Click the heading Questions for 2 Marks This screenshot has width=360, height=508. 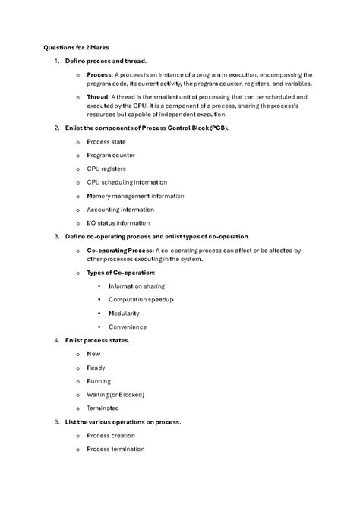click(77, 47)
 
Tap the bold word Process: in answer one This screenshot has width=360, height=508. click(99, 75)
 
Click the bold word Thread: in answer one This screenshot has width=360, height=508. click(99, 97)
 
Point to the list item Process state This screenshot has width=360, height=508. click(106, 142)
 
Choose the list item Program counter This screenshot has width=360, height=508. click(111, 156)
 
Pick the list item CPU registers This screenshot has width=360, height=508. click(106, 169)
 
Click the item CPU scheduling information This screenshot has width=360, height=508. click(127, 182)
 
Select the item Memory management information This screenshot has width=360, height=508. click(135, 196)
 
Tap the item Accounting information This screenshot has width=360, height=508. click(120, 210)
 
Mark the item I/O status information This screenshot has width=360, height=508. click(118, 223)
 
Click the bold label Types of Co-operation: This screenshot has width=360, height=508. click(121, 272)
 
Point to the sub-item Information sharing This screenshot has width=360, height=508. click(137, 286)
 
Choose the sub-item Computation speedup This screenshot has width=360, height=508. click(141, 300)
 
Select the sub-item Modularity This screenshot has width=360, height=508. click(124, 313)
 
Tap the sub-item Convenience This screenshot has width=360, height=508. click(128, 327)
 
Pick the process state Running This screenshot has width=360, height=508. click(99, 381)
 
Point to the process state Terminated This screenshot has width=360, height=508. click(103, 408)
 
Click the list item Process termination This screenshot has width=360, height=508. click(122, 449)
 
